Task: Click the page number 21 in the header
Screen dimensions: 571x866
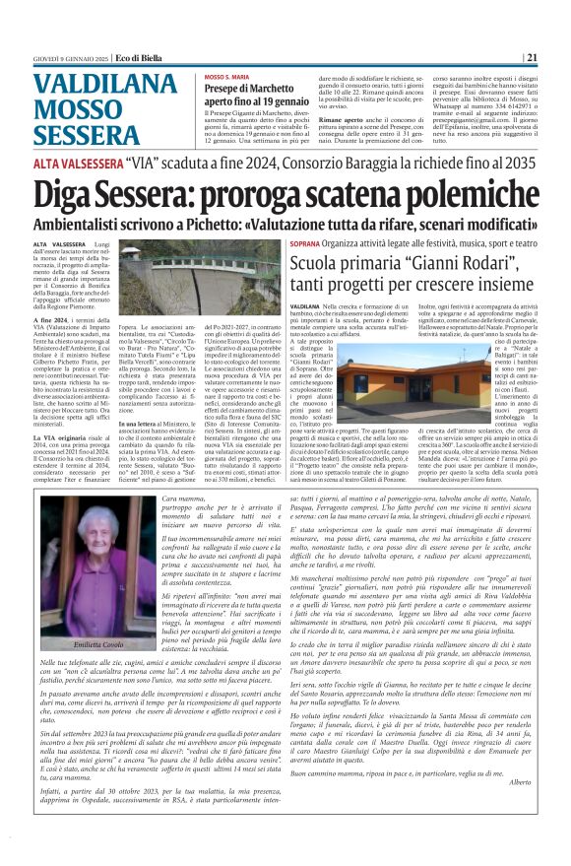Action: pos(531,57)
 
